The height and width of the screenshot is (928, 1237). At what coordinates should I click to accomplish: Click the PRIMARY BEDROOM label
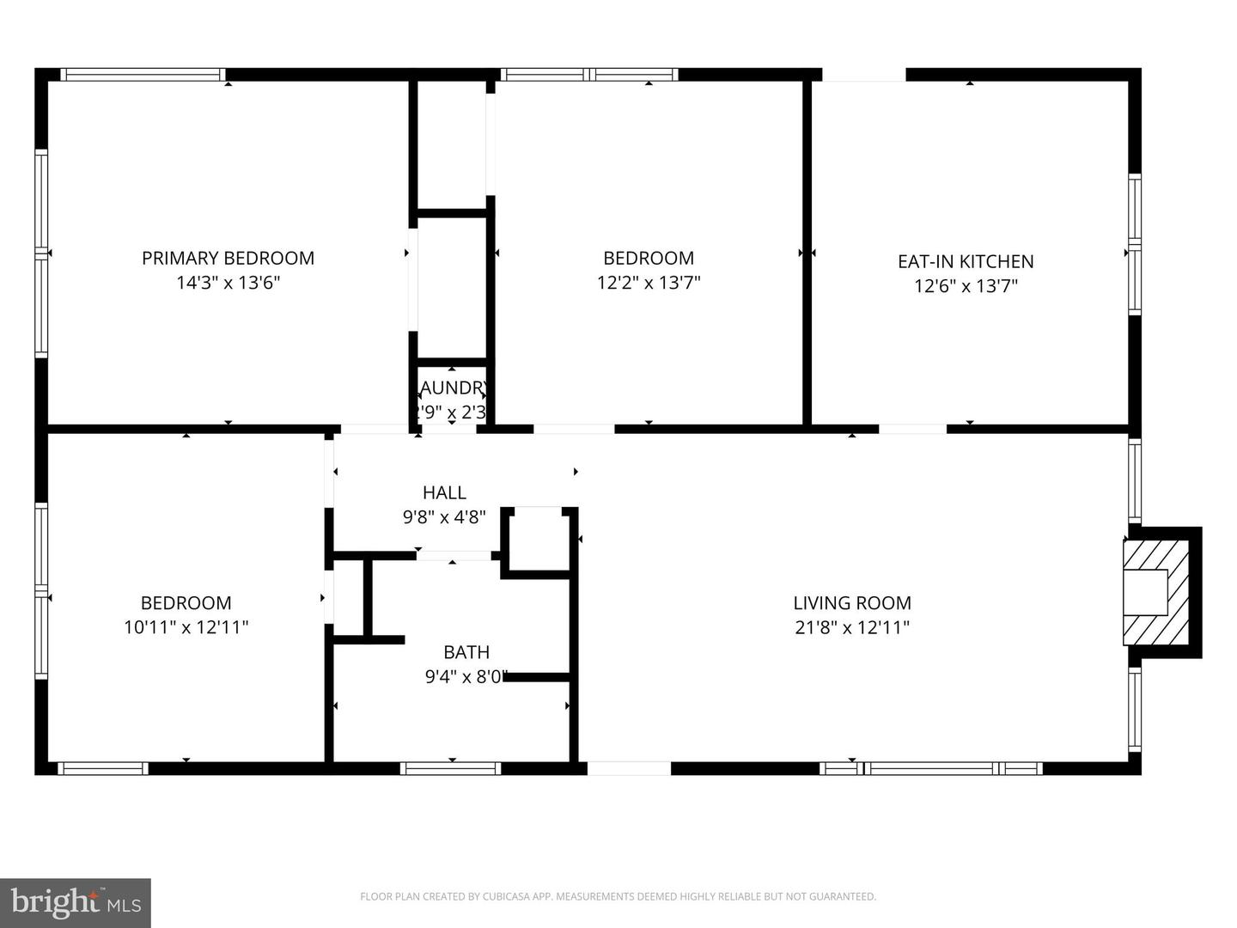coord(228,258)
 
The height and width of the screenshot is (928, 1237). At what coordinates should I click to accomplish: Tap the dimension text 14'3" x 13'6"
coord(228,283)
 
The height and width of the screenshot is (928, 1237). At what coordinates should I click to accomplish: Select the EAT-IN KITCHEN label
coord(966,261)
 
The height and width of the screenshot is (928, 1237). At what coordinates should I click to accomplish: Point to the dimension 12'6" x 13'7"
coord(966,286)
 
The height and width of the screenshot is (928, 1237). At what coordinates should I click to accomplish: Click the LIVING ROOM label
coord(852,603)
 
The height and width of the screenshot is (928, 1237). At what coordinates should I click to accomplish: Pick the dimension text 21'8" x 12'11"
coord(852,627)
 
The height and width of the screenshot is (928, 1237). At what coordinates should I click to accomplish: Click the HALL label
coord(444,492)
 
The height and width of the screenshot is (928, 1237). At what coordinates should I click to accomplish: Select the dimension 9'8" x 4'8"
coord(444,517)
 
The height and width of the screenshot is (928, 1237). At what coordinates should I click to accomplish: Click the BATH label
coord(466,652)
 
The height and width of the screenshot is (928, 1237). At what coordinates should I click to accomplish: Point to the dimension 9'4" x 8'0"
coord(466,677)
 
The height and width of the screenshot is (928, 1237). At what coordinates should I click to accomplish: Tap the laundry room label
coord(453,388)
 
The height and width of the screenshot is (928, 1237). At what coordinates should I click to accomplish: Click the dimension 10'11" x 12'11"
coord(186,627)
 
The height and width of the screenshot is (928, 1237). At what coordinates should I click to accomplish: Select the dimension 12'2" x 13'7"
coord(649,283)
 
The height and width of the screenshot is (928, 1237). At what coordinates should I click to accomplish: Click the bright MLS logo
coord(76,902)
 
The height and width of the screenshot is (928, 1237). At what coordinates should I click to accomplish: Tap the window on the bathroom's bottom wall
coord(451,768)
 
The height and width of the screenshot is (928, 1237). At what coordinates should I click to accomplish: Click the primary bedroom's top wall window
coord(143,75)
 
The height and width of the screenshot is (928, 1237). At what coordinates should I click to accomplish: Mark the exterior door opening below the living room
coord(629,768)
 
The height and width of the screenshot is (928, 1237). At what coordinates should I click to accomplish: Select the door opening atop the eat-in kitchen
coord(863,75)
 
